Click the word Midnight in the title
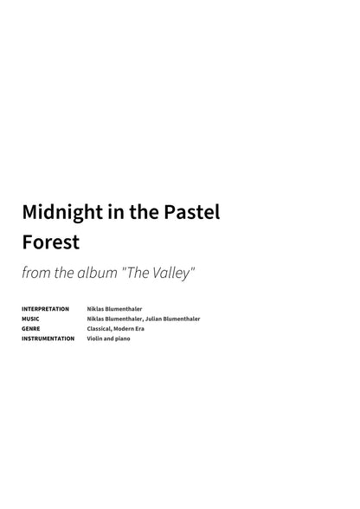(58, 211)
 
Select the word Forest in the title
(50, 242)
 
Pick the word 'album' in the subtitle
(96, 273)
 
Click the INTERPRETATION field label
(45, 309)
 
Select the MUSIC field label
(30, 319)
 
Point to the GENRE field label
(31, 329)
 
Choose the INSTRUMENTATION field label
(48, 338)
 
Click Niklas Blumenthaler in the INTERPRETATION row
(114, 309)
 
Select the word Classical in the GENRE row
(100, 329)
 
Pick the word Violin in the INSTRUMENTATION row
(95, 338)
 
